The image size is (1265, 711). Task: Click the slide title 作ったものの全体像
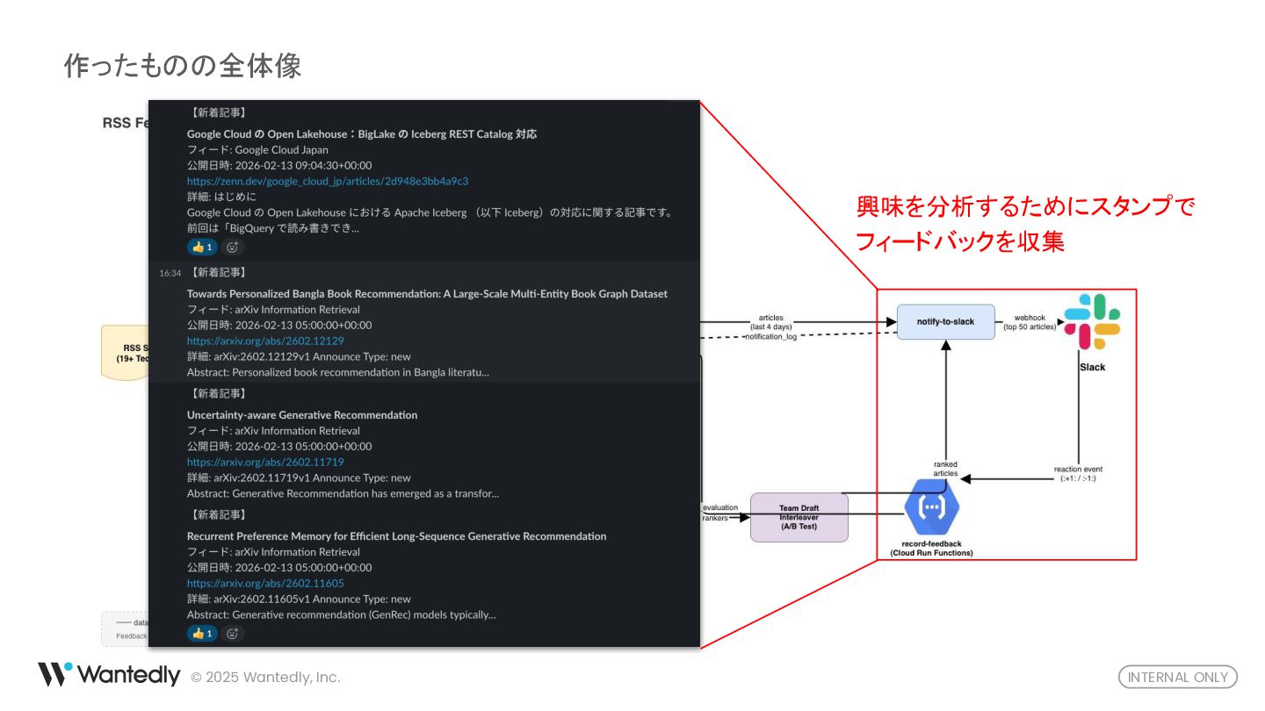pyautogui.click(x=183, y=66)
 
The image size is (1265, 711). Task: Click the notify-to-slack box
pyautogui.click(x=945, y=322)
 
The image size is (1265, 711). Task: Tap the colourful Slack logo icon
pyautogui.click(x=1092, y=321)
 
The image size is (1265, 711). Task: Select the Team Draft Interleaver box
pyautogui.click(x=799, y=517)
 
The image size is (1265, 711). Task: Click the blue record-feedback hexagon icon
pyautogui.click(x=931, y=507)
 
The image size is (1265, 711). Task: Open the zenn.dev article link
pyautogui.click(x=327, y=181)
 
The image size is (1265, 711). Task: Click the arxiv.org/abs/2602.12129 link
pyautogui.click(x=265, y=341)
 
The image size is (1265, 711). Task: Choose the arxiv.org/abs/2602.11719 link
pyautogui.click(x=265, y=462)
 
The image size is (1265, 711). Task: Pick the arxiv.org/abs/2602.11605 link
pyautogui.click(x=265, y=583)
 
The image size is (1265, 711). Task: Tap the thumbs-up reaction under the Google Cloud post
pyautogui.click(x=202, y=247)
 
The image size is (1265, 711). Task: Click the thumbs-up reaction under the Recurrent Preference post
pyautogui.click(x=202, y=633)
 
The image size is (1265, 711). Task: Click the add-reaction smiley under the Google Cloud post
pyautogui.click(x=233, y=247)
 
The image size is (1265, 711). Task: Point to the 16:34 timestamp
pyautogui.click(x=170, y=273)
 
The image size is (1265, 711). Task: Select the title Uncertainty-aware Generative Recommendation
pyautogui.click(x=302, y=414)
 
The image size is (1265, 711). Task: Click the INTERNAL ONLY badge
pyautogui.click(x=1177, y=677)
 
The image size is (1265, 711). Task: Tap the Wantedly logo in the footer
pyautogui.click(x=109, y=675)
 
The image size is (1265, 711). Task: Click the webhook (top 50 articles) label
pyautogui.click(x=1030, y=322)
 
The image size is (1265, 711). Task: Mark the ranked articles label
pyautogui.click(x=945, y=469)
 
